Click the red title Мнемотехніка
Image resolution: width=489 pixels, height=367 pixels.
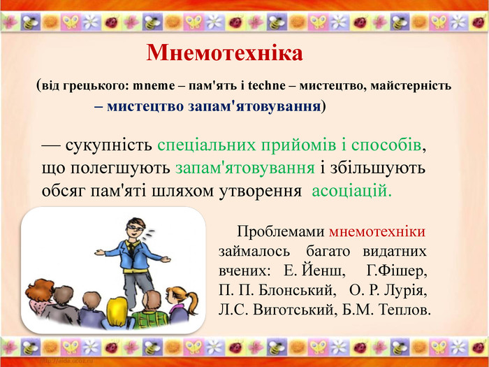224,53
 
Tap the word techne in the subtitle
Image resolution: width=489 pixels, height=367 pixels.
267,85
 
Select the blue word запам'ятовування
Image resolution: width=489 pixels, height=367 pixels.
254,106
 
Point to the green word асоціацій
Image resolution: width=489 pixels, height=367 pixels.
351,191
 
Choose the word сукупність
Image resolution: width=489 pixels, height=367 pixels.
108,146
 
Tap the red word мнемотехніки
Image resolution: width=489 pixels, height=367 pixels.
377,231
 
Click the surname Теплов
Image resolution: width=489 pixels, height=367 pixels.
404,310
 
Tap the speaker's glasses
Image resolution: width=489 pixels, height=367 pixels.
136,227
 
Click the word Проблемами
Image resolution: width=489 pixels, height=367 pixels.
281,231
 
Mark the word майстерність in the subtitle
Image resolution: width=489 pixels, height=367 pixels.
411,85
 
